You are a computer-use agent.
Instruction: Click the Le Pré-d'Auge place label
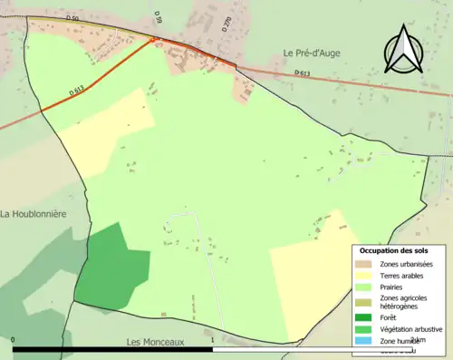pyautogui.click(x=314, y=53)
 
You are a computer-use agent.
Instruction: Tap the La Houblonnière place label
pyautogui.click(x=36, y=215)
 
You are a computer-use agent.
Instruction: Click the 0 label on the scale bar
pyautogui.click(x=14, y=341)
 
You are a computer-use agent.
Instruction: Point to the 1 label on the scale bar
pyautogui.click(x=212, y=341)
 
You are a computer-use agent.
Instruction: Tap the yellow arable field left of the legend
pyautogui.click(x=308, y=272)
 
